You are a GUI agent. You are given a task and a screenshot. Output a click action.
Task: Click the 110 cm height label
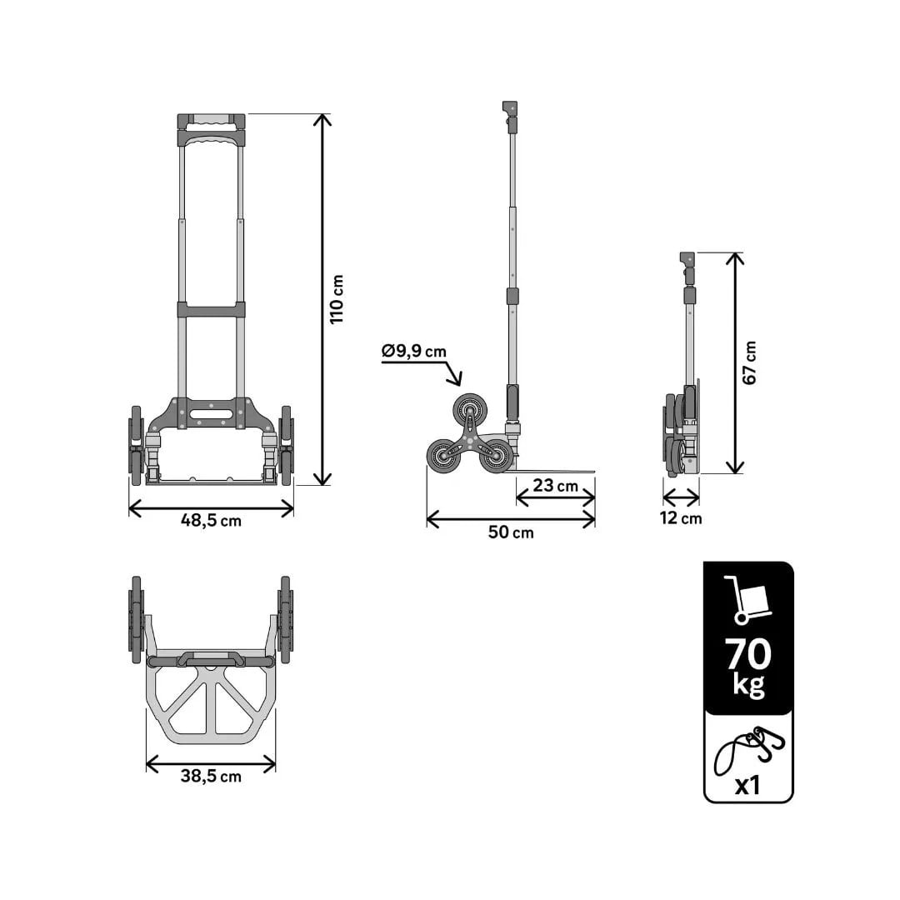pyautogui.click(x=336, y=300)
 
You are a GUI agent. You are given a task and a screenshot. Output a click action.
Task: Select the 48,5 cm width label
pyautogui.click(x=211, y=521)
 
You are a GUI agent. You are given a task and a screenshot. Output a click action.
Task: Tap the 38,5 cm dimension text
pyautogui.click(x=211, y=776)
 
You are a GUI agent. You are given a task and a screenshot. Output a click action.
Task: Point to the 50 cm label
pyautogui.click(x=511, y=532)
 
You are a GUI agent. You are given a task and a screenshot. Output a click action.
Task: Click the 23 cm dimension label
pyautogui.click(x=556, y=485)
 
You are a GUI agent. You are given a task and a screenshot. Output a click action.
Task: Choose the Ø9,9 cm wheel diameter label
pyautogui.click(x=414, y=352)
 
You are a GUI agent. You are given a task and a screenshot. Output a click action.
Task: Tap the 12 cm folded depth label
pyautogui.click(x=681, y=518)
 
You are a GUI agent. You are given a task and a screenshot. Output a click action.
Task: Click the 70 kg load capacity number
pyautogui.click(x=748, y=655)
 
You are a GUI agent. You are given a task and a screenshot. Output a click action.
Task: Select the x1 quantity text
pyautogui.click(x=748, y=784)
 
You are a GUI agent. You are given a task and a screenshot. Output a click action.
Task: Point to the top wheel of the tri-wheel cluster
pyautogui.click(x=468, y=409)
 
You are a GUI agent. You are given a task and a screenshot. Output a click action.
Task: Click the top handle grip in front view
pyautogui.click(x=211, y=120)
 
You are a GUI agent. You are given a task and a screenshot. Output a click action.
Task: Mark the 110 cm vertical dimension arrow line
pyautogui.click(x=322, y=300)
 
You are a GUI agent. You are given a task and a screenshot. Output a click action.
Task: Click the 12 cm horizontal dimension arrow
pyautogui.click(x=681, y=498)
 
